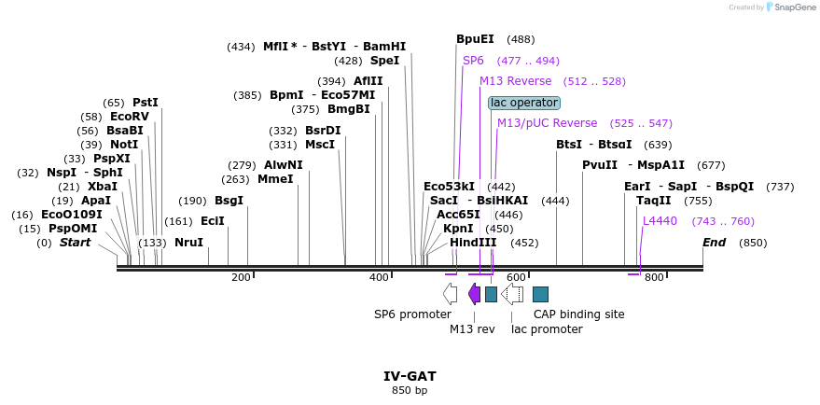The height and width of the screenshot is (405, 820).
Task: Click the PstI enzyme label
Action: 145,103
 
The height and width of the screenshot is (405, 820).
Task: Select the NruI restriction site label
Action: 188,243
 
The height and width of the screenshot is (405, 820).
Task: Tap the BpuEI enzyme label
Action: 475,39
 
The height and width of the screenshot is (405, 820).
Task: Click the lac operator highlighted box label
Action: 523,103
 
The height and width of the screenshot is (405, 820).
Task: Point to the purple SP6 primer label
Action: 473,61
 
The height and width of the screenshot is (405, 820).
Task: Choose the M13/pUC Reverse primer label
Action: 547,123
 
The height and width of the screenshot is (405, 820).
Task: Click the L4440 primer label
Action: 660,221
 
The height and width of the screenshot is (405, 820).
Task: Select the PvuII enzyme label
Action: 600,165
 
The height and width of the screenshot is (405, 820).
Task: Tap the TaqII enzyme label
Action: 653,201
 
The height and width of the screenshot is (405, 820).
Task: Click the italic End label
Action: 714,243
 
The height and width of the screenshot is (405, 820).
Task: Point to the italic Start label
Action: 76,243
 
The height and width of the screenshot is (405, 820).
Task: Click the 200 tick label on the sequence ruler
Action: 241,277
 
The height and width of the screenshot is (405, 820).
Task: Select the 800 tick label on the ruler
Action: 654,277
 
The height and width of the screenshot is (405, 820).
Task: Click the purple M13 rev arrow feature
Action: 474,294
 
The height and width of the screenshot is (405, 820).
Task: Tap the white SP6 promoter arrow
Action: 450,294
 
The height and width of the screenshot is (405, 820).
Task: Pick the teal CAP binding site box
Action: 540,294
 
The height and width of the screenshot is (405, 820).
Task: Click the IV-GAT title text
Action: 410,376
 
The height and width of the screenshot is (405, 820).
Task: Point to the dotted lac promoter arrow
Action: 512,294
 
